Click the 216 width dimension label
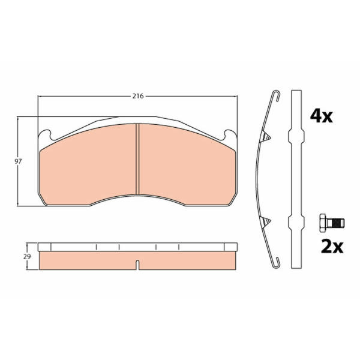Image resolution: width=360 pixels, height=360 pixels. coord(138,96)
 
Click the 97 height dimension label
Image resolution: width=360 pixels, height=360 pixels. coord(18,161)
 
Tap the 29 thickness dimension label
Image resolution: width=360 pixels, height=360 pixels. coord(27,256)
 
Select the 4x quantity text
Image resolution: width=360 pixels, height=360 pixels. coord(321,116)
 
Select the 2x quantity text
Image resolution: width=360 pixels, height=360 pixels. coord(332,247)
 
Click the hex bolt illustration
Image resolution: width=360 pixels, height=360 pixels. coord(332,223)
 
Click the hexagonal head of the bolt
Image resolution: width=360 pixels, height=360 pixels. coord(323,223)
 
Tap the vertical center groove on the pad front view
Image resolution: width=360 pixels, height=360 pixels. coord(138,159)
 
